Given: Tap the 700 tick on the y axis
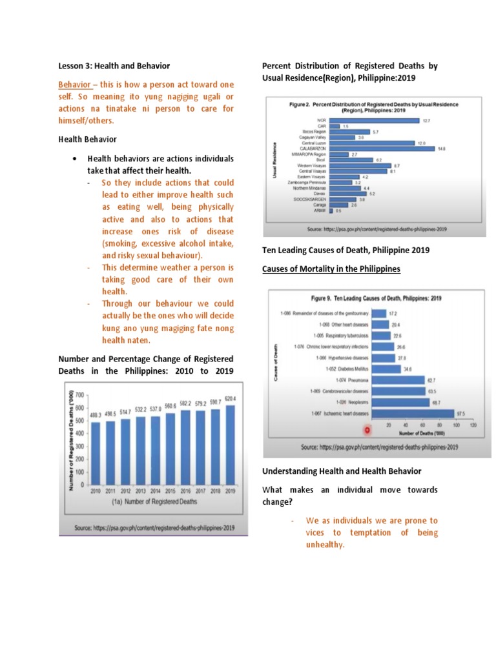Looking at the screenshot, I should (x=80, y=394).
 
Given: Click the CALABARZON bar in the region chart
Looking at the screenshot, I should (x=382, y=148).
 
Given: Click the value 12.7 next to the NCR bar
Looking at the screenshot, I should (x=426, y=120).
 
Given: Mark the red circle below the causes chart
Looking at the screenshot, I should (x=367, y=429).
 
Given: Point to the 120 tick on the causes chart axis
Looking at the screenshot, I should (x=474, y=426).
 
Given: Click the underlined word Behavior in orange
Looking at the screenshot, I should (x=74, y=85).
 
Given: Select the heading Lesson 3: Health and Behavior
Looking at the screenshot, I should (x=114, y=66).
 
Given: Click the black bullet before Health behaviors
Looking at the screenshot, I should (x=76, y=158).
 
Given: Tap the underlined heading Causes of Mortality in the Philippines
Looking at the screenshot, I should (x=331, y=268).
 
